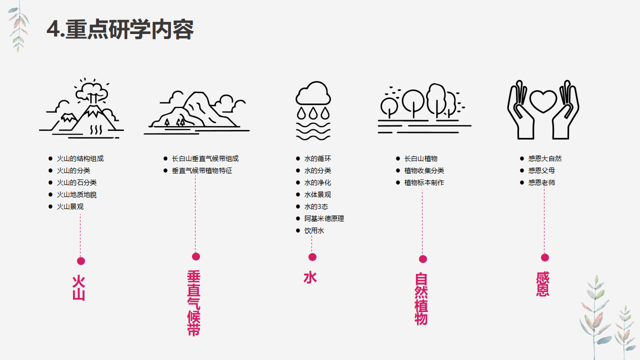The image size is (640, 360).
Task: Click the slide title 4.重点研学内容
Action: pos(120,29)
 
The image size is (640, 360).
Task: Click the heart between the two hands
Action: pos(543,101)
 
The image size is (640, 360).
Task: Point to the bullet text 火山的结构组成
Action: pos(80,158)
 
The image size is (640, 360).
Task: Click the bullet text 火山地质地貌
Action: pos(76,194)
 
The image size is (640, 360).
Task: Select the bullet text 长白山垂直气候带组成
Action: pos(205,158)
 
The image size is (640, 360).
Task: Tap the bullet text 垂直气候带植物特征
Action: pos(202,170)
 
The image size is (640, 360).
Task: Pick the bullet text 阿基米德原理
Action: pos(324,218)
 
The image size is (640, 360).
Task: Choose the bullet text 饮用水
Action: pos(314,230)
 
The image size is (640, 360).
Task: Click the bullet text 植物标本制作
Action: pos(424,182)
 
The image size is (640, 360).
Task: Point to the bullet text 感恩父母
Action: pos(541,170)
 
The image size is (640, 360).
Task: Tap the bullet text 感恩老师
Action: pos(541,182)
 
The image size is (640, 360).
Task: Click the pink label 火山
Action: pos(79,287)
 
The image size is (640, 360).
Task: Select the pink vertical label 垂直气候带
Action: pos(194,303)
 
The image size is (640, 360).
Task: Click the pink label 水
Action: pos(310,277)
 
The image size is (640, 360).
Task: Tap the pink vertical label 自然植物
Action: pos(421,298)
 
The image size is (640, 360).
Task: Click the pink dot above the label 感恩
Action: pos(545,257)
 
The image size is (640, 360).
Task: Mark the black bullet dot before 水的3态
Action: pos(298,206)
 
